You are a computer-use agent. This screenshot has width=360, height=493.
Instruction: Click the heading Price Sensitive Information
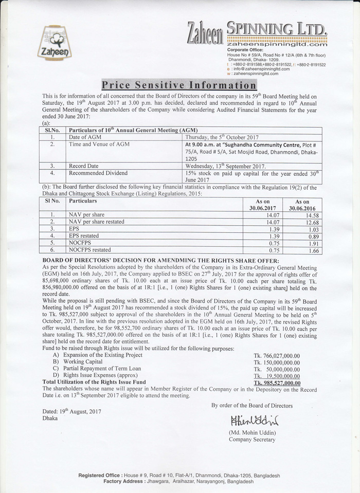click(178, 85)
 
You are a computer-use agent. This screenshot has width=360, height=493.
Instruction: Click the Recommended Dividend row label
click(98, 174)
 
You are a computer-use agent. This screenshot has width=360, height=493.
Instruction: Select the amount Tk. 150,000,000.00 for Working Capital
click(277, 362)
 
